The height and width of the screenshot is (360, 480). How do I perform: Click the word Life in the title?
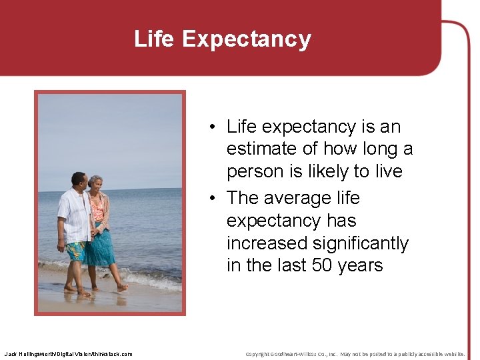point(155,39)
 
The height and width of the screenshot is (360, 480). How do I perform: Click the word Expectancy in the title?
point(246,39)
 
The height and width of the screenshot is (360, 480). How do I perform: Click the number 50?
point(323,265)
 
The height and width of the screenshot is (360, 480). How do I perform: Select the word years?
point(360,265)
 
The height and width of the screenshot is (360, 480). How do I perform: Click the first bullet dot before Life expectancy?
point(210,127)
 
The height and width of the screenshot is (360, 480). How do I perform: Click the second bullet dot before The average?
point(210,199)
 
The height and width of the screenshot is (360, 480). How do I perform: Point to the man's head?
point(79,180)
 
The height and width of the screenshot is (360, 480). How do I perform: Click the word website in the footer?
point(450,353)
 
